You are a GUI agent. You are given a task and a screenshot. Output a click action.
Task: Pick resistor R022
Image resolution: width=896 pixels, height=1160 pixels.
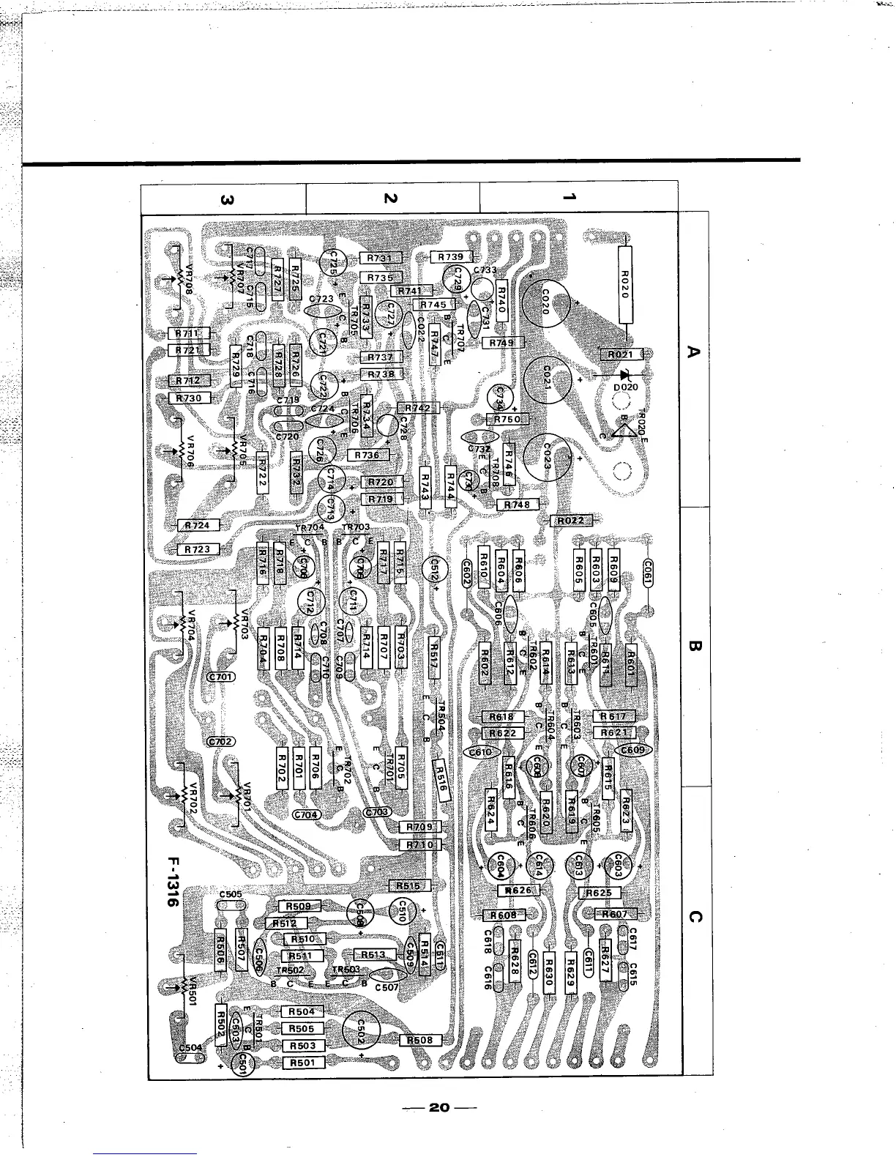[x=571, y=521]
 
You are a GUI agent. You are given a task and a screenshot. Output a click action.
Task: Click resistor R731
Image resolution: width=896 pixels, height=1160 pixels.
[x=379, y=258]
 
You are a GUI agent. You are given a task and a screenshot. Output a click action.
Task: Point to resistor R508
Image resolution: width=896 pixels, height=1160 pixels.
[x=420, y=1040]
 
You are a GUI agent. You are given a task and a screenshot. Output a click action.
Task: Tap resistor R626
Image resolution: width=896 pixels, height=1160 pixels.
[x=518, y=891]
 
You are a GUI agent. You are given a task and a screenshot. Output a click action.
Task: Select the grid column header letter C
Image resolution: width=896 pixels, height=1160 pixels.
[x=695, y=918]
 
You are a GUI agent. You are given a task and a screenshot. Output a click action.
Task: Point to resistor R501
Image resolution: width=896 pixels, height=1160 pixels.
[x=302, y=1063]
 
